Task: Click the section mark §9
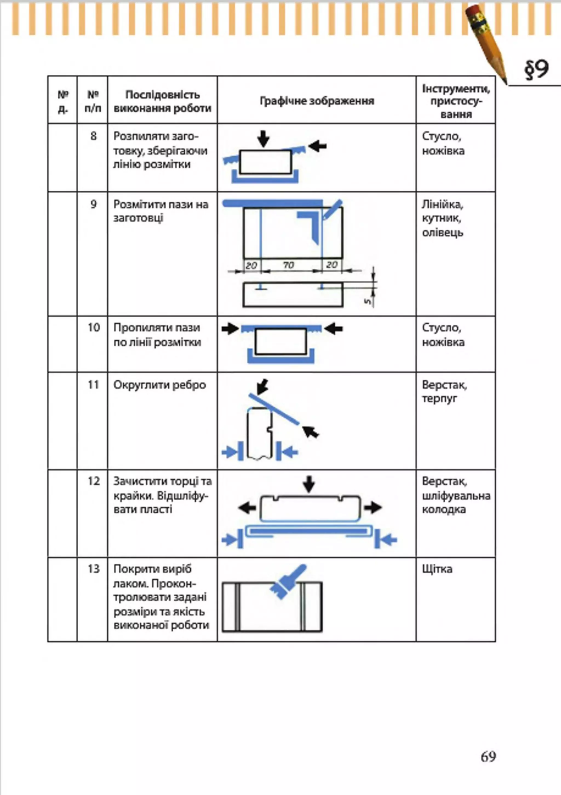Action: [x=536, y=70]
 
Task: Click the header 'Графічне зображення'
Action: [x=317, y=101]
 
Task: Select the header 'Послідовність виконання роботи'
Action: [x=162, y=101]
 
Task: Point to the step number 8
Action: [x=93, y=136]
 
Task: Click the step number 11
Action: [x=93, y=385]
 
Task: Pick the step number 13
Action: [x=93, y=569]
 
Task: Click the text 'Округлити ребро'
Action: [x=160, y=385]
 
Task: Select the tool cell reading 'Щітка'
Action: [x=437, y=569]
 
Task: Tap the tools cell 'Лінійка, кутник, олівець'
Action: [x=443, y=219]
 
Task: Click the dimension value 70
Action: [x=288, y=265]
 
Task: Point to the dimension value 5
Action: [x=368, y=301]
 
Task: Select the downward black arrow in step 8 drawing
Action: [x=264, y=139]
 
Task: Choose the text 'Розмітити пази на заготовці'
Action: [x=161, y=211]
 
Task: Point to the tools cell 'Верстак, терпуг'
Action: [x=444, y=392]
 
